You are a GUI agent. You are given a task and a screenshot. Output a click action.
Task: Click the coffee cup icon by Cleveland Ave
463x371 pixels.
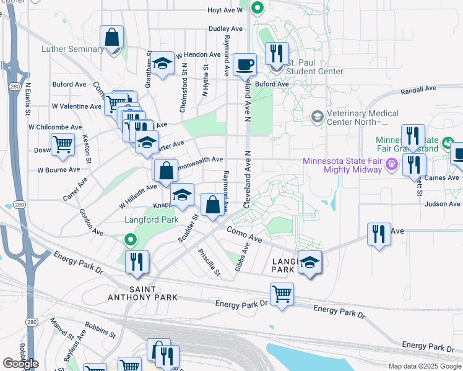[x=245, y=64]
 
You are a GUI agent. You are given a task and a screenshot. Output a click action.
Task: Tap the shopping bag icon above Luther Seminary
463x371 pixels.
[x=113, y=38]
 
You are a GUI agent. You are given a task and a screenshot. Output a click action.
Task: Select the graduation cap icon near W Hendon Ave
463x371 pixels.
[x=163, y=64]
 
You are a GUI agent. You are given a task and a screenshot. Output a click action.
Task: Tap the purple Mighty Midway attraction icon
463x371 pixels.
[x=391, y=164]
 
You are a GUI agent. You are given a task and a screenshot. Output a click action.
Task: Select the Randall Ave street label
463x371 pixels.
[x=419, y=90]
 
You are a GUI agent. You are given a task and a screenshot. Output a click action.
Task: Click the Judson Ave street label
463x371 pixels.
[x=443, y=203]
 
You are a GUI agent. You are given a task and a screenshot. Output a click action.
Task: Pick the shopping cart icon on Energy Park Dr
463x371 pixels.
[x=282, y=293]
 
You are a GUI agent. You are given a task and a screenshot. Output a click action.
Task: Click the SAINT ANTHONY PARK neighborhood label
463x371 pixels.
[x=153, y=293]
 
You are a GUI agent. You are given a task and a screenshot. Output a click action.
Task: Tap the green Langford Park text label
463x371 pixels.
[x=152, y=220]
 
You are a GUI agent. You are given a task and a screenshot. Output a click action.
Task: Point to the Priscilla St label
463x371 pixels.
[x=209, y=262]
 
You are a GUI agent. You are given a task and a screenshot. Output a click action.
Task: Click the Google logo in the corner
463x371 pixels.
[x=20, y=364]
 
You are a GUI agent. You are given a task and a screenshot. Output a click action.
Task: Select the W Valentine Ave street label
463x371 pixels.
[x=76, y=106]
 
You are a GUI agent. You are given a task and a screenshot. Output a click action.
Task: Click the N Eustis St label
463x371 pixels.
[x=28, y=99]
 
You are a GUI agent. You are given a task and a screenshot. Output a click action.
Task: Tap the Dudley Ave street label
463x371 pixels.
[x=225, y=28]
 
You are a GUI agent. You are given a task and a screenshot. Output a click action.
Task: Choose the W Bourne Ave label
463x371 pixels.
[x=59, y=169]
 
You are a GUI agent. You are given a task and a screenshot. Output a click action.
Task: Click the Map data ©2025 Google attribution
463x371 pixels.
[x=425, y=366]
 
